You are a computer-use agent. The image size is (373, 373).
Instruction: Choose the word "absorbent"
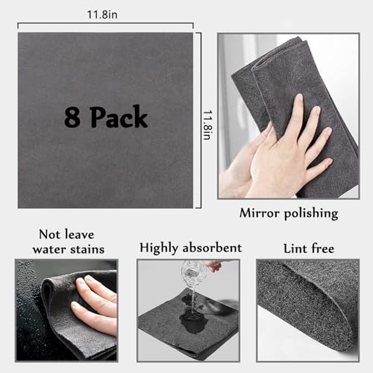coord(215,247)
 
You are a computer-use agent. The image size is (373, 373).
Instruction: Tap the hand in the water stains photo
coord(93,302)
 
